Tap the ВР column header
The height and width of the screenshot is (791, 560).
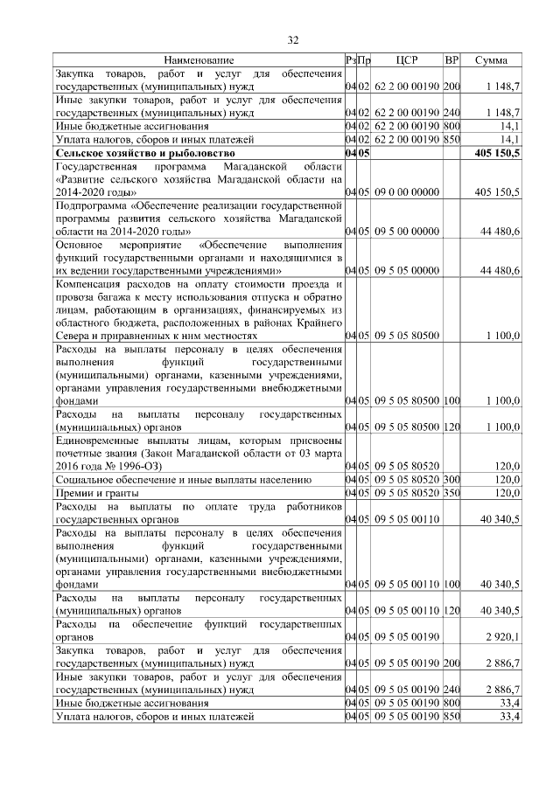(451, 60)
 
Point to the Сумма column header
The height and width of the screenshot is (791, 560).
(491, 60)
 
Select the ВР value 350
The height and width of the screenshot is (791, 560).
(451, 492)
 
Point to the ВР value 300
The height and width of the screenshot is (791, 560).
(451, 479)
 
